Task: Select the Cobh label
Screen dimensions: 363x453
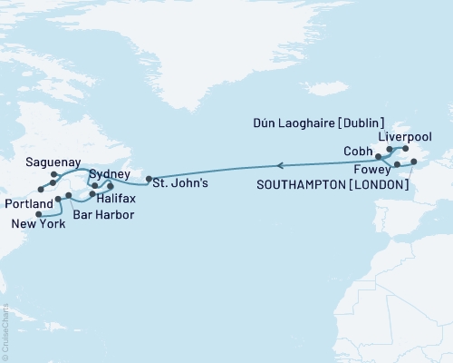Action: coord(359,151)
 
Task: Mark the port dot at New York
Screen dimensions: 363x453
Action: coord(39,214)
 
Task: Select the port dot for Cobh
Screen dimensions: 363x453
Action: coord(379,157)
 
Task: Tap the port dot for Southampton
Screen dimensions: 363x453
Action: coord(414,162)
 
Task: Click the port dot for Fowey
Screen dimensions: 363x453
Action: coord(398,164)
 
